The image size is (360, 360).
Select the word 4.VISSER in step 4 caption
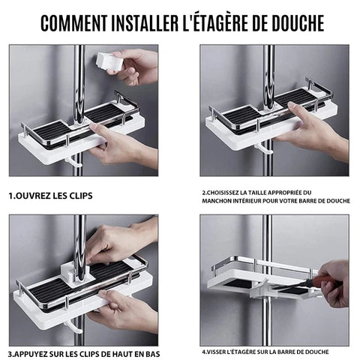218,351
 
